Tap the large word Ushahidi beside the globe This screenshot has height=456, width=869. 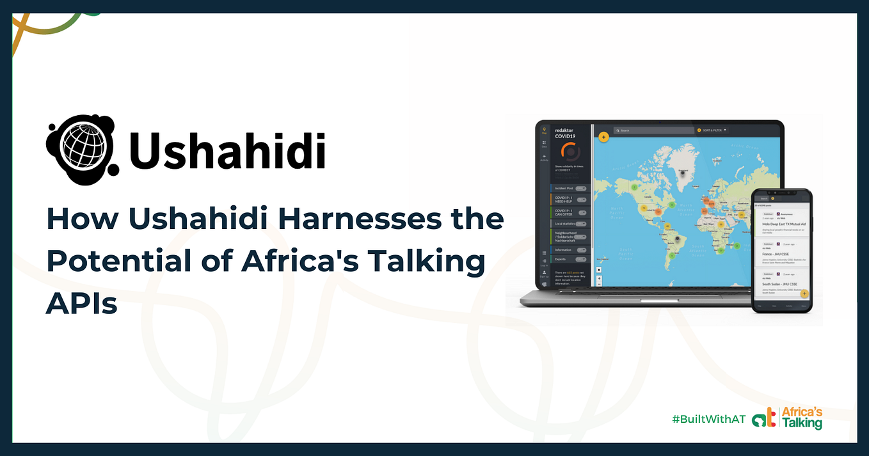point(227,151)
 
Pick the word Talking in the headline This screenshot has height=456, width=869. point(422,262)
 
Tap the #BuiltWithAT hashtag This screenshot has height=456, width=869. point(708,419)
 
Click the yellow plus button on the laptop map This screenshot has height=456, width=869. point(603,136)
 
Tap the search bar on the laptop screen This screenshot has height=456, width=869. point(653,130)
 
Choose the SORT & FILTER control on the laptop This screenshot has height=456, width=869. point(712,130)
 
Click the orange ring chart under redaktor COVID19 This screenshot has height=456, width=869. point(570,152)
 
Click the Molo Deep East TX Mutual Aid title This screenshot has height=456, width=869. point(783,224)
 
